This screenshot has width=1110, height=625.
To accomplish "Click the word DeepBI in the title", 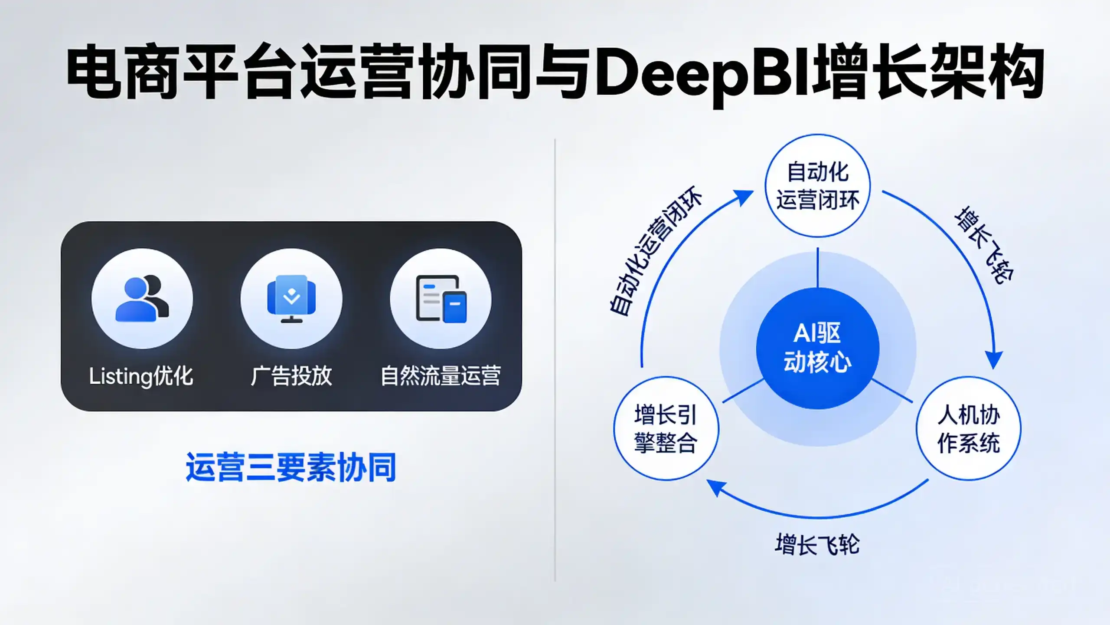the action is [703, 74].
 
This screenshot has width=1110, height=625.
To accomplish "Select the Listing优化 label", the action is [141, 376].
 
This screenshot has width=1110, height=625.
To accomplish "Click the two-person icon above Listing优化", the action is [142, 299].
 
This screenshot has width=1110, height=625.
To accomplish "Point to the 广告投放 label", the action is [291, 376].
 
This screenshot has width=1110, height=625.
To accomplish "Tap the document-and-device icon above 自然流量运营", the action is [441, 299].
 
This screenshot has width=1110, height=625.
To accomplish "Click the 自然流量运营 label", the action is [441, 376].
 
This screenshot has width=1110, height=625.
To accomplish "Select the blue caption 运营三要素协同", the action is [291, 467].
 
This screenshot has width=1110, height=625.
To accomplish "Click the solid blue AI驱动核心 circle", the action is [818, 349].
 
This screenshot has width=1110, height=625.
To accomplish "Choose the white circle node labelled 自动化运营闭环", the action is [818, 186].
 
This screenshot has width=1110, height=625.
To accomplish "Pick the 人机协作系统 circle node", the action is [969, 428].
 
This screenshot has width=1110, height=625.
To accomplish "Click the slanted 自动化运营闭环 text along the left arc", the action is [656, 251].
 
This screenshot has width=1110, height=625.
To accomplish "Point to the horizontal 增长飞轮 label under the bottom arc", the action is [817, 544].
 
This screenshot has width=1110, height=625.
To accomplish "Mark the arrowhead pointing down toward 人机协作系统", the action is [993, 359].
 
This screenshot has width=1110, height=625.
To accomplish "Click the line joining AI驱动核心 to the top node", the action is [818, 267].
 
